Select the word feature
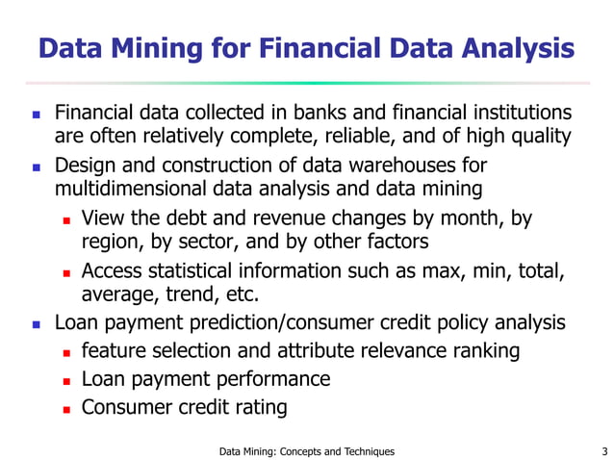pos(116,350)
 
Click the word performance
pos(270,379)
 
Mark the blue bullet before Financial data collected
pos(36,114)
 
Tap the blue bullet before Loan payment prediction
pos(36,323)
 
